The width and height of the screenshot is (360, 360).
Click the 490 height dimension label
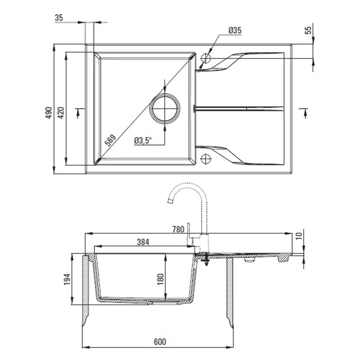point(49,113)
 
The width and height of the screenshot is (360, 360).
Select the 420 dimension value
point(61,113)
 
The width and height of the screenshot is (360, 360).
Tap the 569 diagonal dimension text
point(110,140)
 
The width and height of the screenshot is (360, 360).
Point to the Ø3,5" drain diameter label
point(143,141)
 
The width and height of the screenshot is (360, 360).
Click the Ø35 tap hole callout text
point(235,30)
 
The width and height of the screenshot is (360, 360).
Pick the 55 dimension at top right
point(308,30)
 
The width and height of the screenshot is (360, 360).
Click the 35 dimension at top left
point(59,18)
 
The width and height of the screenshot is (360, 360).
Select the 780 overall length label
point(178,229)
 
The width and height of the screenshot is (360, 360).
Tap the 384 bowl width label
point(143,242)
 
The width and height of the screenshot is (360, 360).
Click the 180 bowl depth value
point(160,279)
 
